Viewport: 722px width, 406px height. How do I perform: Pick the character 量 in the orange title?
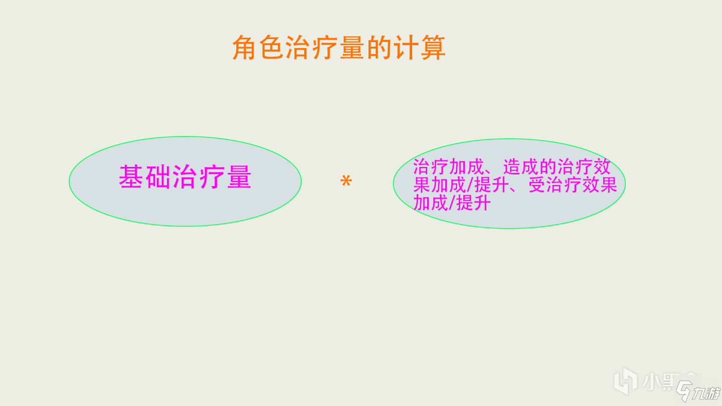click(x=352, y=48)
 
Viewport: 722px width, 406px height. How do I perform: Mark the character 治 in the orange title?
click(x=298, y=48)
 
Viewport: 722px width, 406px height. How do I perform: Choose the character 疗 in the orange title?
click(x=325, y=48)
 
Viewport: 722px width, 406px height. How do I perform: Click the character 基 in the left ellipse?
click(x=131, y=177)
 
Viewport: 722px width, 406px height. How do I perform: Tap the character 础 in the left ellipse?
click(x=158, y=177)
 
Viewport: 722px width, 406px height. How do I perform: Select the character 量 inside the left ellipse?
click(x=239, y=177)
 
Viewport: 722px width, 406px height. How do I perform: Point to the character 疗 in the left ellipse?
click(x=212, y=177)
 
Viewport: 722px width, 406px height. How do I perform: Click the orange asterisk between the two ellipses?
click(x=346, y=181)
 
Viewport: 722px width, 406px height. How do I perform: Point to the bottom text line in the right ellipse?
click(x=451, y=203)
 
